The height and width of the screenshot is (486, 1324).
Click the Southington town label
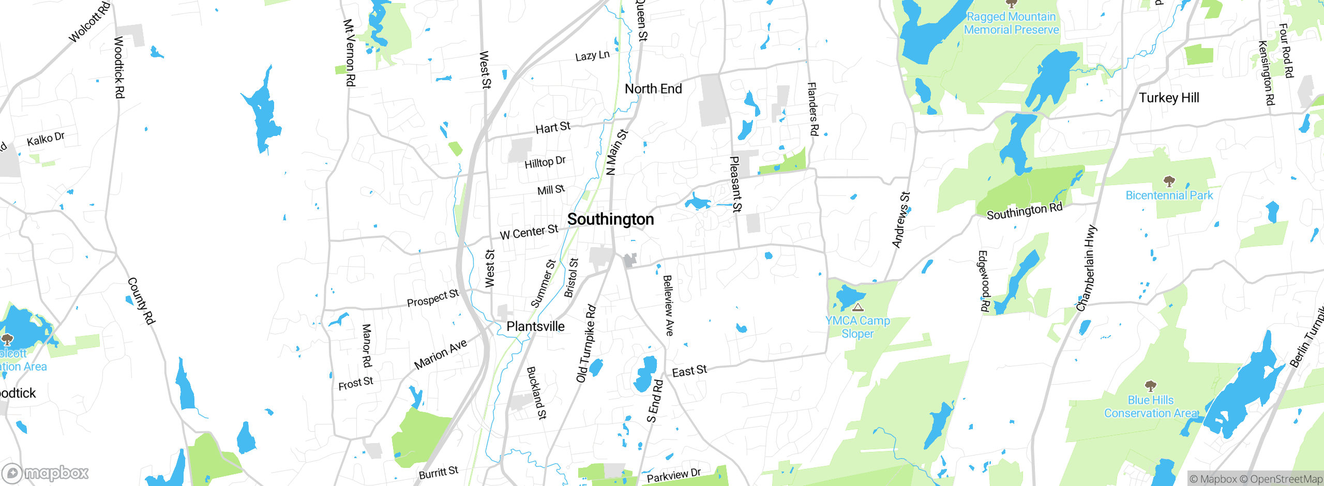(610, 219)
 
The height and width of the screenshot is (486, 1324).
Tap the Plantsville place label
(535, 326)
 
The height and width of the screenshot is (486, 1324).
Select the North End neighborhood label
(653, 89)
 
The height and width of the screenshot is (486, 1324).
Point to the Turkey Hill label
(1169, 98)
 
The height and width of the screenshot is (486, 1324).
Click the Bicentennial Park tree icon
(1169, 181)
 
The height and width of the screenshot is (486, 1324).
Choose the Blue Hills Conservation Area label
(1151, 407)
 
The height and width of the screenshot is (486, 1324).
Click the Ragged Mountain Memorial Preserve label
(1011, 23)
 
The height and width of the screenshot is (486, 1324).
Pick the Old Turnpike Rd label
(586, 344)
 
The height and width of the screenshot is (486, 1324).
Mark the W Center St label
(529, 232)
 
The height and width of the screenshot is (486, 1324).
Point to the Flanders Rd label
(813, 109)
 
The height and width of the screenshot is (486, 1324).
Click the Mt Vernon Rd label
(350, 53)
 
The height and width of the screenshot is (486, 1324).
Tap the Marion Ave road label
(441, 354)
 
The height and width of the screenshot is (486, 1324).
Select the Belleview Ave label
(668, 305)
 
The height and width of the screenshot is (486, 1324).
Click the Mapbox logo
(46, 473)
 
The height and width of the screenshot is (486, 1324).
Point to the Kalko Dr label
(46, 139)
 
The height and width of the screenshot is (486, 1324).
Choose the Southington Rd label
(1024, 211)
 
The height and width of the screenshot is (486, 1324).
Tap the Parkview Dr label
(673, 475)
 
